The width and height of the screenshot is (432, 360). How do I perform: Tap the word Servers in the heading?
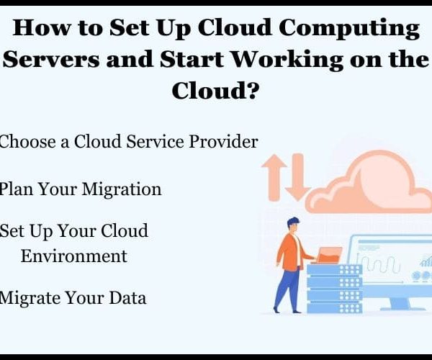point(50,59)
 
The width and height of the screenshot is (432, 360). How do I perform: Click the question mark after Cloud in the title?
point(252,90)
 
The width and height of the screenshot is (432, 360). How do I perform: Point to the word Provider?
point(223,142)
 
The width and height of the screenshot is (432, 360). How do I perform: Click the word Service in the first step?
point(155,142)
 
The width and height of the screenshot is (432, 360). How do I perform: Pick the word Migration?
point(122,190)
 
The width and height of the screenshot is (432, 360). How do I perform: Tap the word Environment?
point(74,256)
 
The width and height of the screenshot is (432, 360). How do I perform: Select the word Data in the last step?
point(127,298)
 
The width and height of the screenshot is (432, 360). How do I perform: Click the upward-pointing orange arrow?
point(274,177)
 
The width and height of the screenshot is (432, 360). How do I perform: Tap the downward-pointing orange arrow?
point(297,177)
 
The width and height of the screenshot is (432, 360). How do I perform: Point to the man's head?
point(293,225)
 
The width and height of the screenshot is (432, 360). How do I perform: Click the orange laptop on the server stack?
point(329,256)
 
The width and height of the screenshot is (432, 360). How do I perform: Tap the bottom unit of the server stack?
point(335,308)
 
